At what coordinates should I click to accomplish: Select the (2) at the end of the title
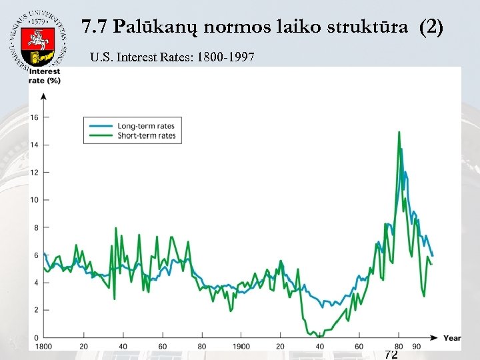pos(431,28)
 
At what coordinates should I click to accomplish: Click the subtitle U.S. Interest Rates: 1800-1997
pos(172,57)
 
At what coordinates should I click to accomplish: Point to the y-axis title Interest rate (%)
pos(45,76)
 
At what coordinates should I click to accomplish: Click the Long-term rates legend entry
pos(145,126)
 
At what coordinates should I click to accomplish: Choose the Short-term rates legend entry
pos(146,136)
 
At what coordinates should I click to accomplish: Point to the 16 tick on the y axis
pos(35,117)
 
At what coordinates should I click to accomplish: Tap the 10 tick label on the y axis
pos(35,200)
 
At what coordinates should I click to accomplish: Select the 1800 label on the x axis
pos(43,347)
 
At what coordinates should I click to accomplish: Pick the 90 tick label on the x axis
pos(416,347)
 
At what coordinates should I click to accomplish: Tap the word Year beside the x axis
pos(452,338)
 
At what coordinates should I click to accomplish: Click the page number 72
pos(391,354)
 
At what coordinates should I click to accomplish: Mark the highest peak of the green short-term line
pos(399,133)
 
